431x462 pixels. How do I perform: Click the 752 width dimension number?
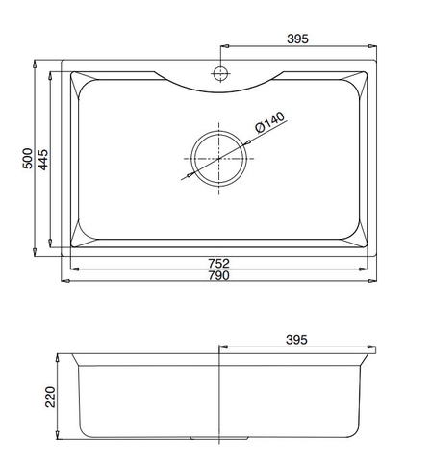[x=219, y=262]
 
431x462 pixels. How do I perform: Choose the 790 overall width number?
[x=219, y=275]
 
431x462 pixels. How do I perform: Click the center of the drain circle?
[x=219, y=156]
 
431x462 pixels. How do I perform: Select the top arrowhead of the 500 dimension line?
[x=36, y=65]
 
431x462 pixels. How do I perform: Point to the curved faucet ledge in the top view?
[x=219, y=89]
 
